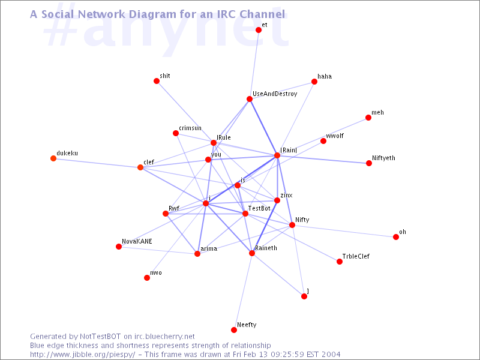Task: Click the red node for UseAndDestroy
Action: (x=250, y=99)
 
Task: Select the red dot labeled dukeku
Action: (x=53, y=158)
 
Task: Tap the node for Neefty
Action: (x=234, y=329)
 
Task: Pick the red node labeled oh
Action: (x=396, y=237)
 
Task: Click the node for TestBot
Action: (x=245, y=214)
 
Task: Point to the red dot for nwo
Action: (x=147, y=278)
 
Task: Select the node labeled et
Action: (x=259, y=29)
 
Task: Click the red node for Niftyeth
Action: (x=369, y=163)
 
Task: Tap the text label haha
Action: (x=325, y=76)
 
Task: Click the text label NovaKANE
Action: (x=137, y=241)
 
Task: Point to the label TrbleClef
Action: (x=356, y=256)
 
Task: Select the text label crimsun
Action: (x=190, y=128)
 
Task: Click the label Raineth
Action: (x=266, y=248)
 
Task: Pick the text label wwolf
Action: (x=335, y=136)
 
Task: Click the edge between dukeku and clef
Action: (x=97, y=163)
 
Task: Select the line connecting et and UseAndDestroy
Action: (x=254, y=64)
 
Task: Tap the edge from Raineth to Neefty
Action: (x=243, y=292)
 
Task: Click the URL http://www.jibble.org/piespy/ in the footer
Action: (x=82, y=355)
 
